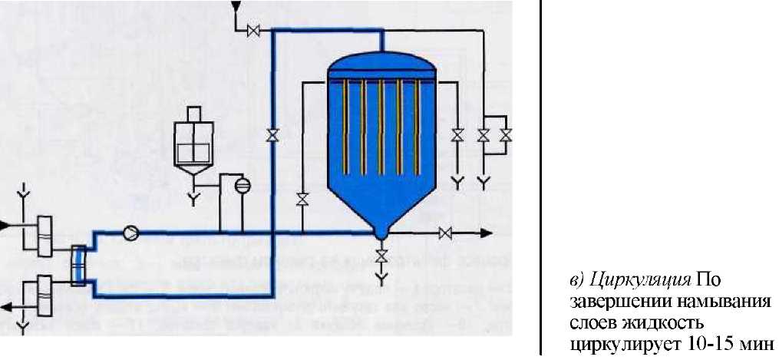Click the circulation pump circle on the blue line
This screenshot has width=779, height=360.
[131, 231]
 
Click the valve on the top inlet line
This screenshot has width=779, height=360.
[253, 31]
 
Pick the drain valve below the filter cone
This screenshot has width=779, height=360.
[381, 254]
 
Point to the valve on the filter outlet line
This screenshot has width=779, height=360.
[444, 232]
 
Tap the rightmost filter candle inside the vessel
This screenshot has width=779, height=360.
[415, 123]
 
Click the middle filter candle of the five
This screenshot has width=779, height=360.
[381, 123]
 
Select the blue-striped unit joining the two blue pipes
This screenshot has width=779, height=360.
[77, 263]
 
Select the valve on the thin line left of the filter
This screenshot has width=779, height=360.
[302, 200]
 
